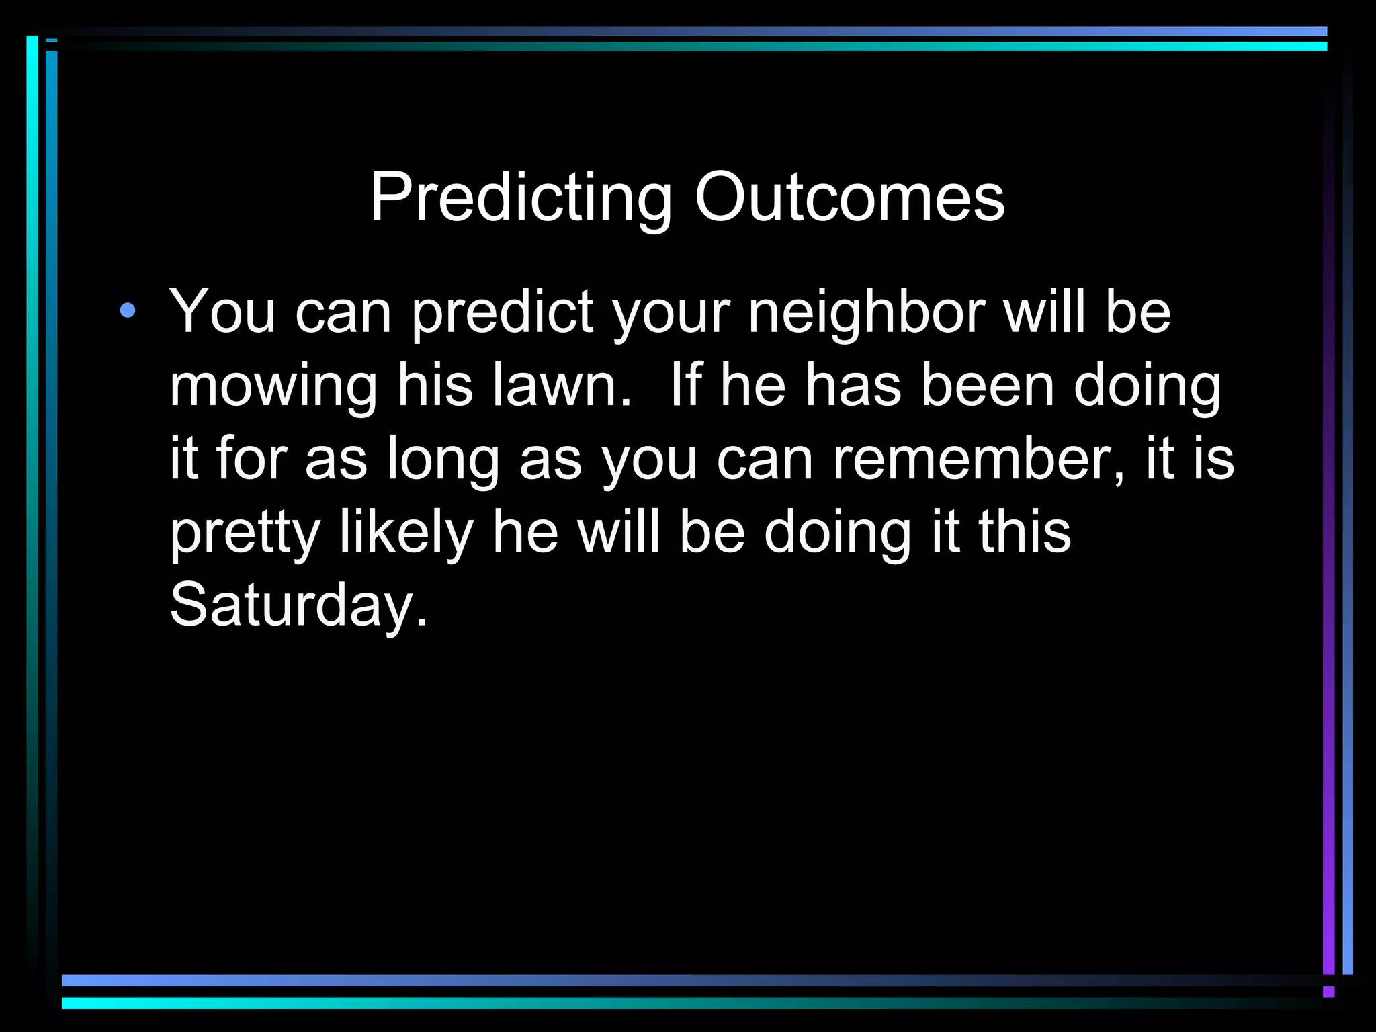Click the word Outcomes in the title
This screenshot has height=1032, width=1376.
pyautogui.click(x=849, y=198)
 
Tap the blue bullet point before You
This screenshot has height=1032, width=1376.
pyautogui.click(x=128, y=311)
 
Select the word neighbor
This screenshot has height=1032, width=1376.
pyautogui.click(x=867, y=312)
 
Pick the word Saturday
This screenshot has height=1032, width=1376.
pyautogui.click(x=298, y=605)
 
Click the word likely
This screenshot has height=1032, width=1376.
pyautogui.click(x=407, y=531)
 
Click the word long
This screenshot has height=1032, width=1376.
pyautogui.click(x=443, y=460)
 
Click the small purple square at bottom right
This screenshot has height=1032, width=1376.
pyautogui.click(x=1328, y=992)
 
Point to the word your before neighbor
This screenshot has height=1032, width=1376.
pyautogui.click(x=672, y=314)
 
